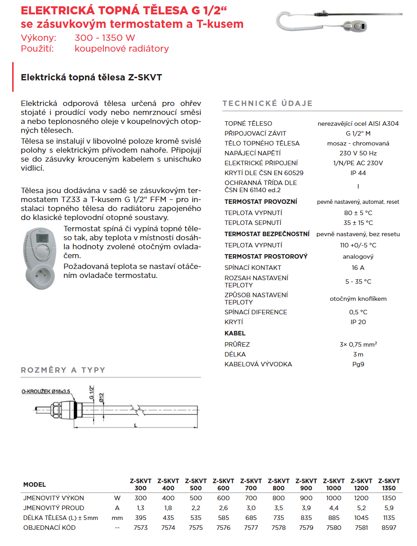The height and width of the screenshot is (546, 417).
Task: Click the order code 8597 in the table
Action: pyautogui.click(x=389, y=528)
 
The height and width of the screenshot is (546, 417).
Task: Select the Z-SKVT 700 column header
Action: pyautogui.click(x=251, y=484)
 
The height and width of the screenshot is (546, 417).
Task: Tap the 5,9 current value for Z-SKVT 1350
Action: pyautogui.click(x=389, y=508)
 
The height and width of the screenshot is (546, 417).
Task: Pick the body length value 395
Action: pyautogui.click(x=141, y=518)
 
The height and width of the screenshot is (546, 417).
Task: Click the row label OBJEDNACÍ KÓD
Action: pyautogui.click(x=49, y=528)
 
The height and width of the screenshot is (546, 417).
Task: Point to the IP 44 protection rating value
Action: pyautogui.click(x=358, y=173)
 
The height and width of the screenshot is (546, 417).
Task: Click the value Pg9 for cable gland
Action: pyautogui.click(x=358, y=364)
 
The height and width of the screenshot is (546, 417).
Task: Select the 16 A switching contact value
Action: pyautogui.click(x=358, y=268)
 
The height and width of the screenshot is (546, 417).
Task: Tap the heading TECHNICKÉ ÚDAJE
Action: pyautogui.click(x=267, y=104)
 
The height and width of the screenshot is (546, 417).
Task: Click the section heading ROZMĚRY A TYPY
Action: pyautogui.click(x=63, y=370)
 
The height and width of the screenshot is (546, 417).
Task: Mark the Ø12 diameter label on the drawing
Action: pyautogui.click(x=102, y=397)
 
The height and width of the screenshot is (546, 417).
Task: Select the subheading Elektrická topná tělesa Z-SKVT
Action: pyautogui.click(x=91, y=77)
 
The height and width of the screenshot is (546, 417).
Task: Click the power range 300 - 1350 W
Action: pyautogui.click(x=105, y=38)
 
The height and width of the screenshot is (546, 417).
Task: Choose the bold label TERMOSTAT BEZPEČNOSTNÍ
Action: pyautogui.click(x=267, y=234)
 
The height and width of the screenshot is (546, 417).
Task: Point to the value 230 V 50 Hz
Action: pyautogui.click(x=358, y=153)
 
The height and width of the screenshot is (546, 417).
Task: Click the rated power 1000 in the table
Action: pyautogui.click(x=334, y=498)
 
